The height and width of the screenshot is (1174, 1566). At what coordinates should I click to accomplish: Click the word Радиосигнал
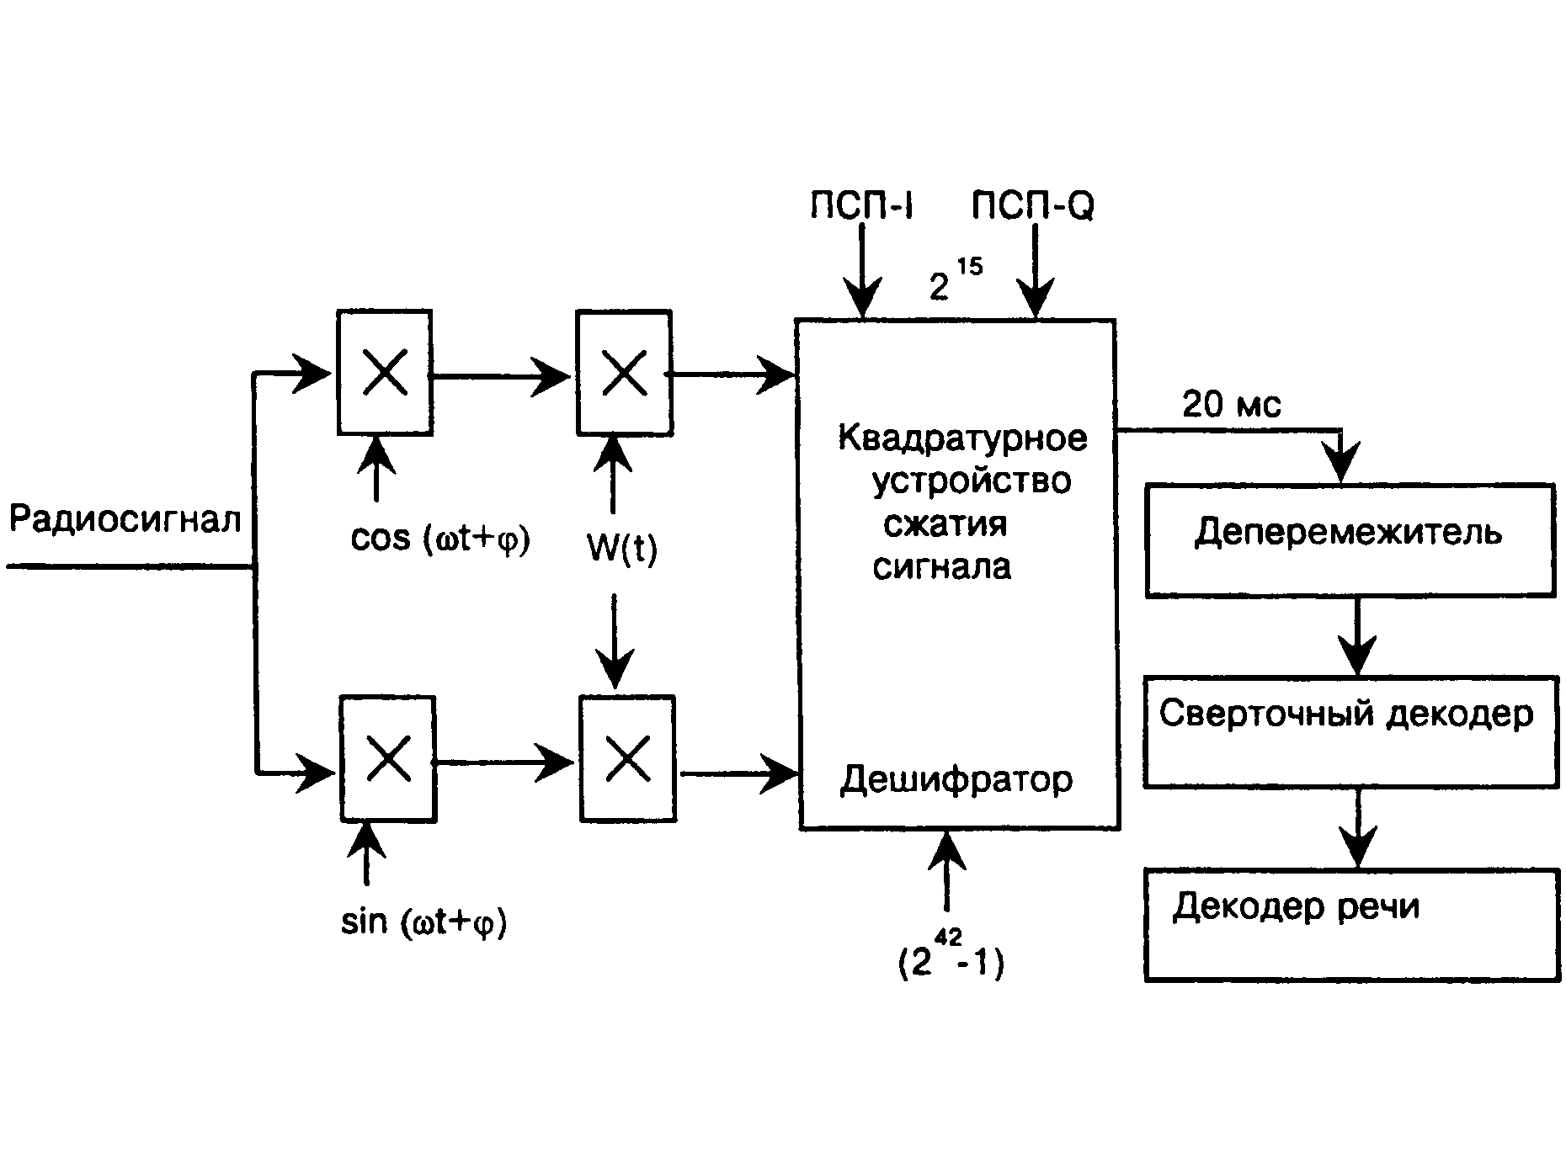tap(125, 519)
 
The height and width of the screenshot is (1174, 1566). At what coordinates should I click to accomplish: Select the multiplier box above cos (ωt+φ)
tap(385, 373)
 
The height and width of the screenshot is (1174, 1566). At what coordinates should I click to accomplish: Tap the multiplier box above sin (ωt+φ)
tap(388, 759)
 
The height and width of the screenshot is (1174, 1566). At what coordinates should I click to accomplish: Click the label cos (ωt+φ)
tap(440, 539)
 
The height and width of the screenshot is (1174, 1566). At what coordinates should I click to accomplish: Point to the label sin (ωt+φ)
tap(423, 922)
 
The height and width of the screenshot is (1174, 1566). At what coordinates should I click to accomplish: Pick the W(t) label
tap(622, 549)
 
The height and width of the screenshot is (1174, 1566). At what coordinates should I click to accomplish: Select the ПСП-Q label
tap(1032, 205)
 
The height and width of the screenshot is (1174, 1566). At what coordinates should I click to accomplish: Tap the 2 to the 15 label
tap(954, 280)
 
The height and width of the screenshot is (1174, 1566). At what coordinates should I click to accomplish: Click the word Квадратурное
tap(962, 438)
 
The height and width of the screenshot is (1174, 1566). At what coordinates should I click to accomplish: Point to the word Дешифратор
tap(956, 780)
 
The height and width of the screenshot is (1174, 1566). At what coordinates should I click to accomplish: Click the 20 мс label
tap(1231, 405)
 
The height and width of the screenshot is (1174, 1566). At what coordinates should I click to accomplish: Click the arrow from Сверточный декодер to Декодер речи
tap(1357, 828)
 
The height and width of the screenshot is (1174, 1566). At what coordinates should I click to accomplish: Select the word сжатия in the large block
tap(945, 524)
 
